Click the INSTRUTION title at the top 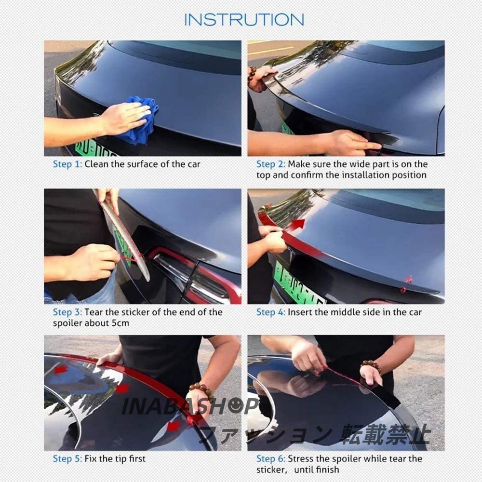pos(244,20)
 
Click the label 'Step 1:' pos(67,164)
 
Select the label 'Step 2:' pos(271,164)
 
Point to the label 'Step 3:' pos(67,312)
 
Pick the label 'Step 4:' pos(271,312)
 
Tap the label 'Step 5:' pos(67,459)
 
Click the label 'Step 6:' pos(271,459)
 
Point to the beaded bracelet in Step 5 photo pos(202,390)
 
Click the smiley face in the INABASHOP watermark pos(236,405)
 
